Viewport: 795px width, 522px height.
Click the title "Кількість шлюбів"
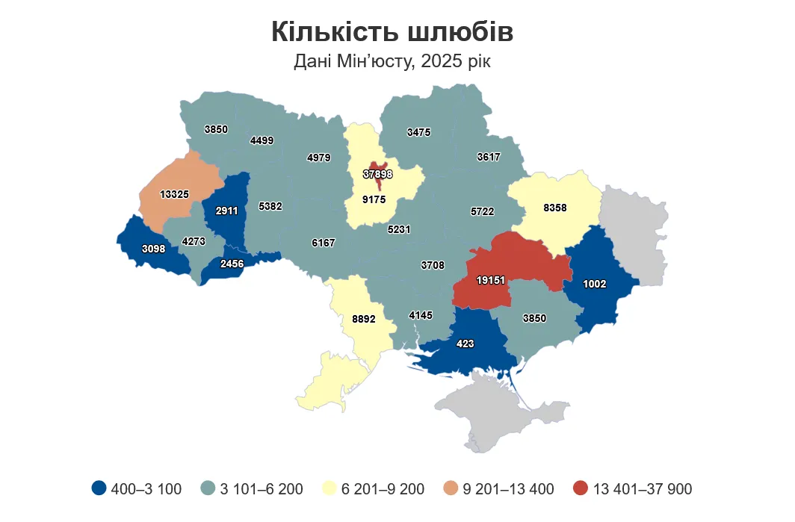coord(392,32)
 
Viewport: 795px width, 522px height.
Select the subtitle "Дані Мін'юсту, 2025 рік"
coord(392,61)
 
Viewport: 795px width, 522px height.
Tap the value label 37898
coord(378,174)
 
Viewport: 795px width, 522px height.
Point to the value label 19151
coord(492,280)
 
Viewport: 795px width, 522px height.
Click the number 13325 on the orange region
coord(174,194)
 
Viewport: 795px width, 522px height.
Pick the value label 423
coord(465,344)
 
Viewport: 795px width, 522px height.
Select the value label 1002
coord(595,284)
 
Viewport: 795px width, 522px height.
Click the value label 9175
coord(374,200)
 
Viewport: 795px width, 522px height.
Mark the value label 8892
coord(363,319)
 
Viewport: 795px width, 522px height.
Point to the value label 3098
coord(154,248)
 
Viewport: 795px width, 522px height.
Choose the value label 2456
coord(233,264)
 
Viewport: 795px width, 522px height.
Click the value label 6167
coord(324,243)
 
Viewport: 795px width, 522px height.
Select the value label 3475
coord(418,132)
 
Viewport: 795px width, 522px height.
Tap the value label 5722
coord(483,212)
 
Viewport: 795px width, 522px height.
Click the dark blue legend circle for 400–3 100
coord(98,489)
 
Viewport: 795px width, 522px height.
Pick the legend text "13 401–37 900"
coord(643,489)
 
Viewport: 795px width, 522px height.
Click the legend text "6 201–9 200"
coord(383,489)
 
